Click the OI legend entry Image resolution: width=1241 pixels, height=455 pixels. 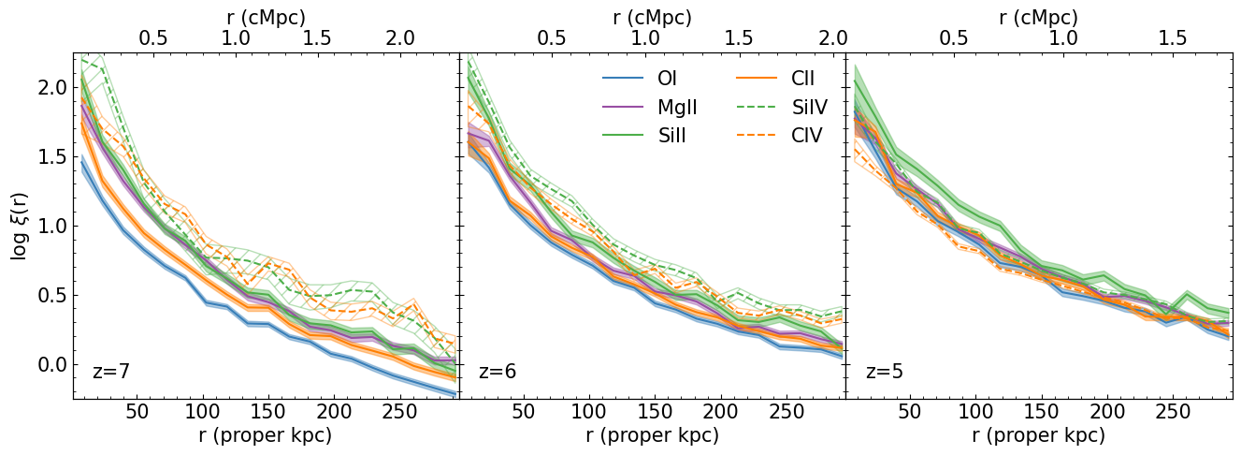point(668,79)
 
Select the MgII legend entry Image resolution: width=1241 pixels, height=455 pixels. point(677,107)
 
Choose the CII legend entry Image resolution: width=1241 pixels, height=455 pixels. point(803,79)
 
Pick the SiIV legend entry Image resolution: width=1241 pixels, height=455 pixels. point(809,107)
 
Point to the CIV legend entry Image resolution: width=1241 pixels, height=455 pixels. point(806,135)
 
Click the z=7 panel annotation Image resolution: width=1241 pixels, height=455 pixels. point(110,372)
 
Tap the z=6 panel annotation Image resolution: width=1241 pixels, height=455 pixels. point(498,372)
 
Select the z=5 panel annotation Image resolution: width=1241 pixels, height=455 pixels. point(884,372)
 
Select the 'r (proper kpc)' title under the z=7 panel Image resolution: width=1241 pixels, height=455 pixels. point(266,435)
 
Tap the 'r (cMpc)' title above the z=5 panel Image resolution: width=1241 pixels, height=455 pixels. point(1039,16)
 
